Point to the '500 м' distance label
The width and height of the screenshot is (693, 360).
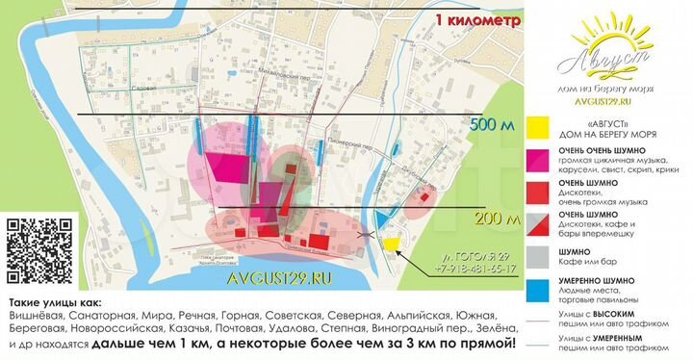point(493,126)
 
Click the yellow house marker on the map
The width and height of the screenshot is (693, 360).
point(390,244)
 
